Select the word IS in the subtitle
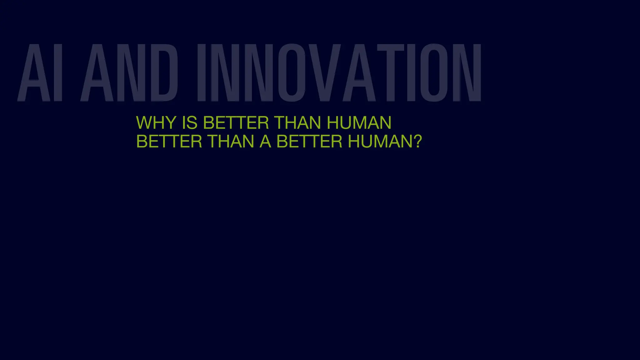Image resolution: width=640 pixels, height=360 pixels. point(189,122)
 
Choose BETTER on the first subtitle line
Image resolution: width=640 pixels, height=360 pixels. point(236,122)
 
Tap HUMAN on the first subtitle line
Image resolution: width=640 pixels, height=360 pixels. point(359,122)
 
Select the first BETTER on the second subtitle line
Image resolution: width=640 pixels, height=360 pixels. point(169,142)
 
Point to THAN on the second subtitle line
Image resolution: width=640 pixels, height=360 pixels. point(231,142)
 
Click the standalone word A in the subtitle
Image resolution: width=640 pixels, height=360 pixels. point(265,142)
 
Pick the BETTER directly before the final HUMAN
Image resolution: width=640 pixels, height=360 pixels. point(309,142)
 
